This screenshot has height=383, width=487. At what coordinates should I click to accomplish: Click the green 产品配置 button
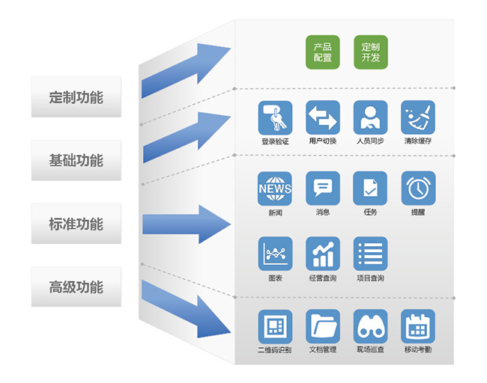pyautogui.click(x=322, y=52)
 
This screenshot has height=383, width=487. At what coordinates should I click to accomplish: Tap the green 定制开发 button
pyautogui.click(x=370, y=52)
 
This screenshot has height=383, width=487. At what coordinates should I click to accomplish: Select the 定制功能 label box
pyautogui.click(x=76, y=97)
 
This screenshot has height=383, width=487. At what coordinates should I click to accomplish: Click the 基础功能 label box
pyautogui.click(x=76, y=160)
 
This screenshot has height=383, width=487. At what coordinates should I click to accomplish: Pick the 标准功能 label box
pyautogui.click(x=76, y=224)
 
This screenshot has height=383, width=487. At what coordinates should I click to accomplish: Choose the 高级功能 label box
pyautogui.click(x=76, y=287)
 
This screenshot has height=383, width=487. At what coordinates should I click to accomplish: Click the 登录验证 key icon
pyautogui.click(x=275, y=117)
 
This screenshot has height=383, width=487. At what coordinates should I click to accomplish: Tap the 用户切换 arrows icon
pyautogui.click(x=322, y=117)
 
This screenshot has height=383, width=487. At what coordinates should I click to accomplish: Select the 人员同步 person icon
pyautogui.click(x=370, y=117)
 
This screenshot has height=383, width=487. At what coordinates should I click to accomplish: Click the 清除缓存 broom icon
pyautogui.click(x=418, y=117)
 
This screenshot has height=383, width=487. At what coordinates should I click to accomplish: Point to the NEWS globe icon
pyautogui.click(x=275, y=189)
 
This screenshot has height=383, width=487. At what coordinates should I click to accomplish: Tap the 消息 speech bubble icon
pyautogui.click(x=322, y=189)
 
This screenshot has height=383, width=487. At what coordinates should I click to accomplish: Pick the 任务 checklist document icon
pyautogui.click(x=370, y=189)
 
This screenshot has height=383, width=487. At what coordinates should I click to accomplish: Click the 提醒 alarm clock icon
pyautogui.click(x=418, y=189)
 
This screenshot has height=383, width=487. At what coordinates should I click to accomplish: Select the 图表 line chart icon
pyautogui.click(x=275, y=254)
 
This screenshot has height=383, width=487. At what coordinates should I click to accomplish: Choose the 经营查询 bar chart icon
pyautogui.click(x=322, y=254)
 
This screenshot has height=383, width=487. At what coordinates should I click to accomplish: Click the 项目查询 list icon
pyautogui.click(x=370, y=254)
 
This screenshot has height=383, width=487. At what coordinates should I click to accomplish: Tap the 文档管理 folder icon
pyautogui.click(x=322, y=326)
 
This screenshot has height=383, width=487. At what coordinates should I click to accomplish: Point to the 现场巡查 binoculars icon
pyautogui.click(x=370, y=326)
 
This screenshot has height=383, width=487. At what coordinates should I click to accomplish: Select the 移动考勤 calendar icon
pyautogui.click(x=418, y=326)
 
